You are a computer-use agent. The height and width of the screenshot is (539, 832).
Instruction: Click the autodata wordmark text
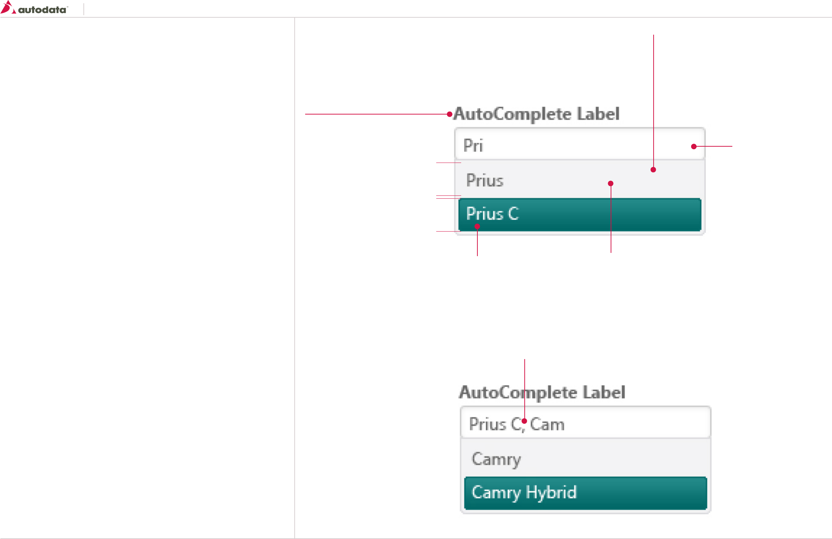(42, 10)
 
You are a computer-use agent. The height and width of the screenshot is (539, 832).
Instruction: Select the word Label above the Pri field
(598, 114)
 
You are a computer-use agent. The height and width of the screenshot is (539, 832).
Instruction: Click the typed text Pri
(473, 146)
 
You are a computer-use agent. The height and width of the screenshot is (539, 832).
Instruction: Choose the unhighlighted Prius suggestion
(485, 180)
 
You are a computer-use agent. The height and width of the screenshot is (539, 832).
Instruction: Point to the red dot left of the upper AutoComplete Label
(450, 114)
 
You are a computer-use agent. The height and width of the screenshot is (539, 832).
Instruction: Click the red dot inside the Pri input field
(694, 146)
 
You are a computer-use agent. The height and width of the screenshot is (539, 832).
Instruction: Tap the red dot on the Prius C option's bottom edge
(477, 227)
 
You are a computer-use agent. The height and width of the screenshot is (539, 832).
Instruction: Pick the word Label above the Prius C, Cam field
(604, 393)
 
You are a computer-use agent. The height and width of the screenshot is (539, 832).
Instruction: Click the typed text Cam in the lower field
(547, 424)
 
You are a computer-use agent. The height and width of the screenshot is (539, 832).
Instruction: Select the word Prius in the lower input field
(487, 424)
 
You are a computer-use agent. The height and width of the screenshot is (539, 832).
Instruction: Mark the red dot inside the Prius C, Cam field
(524, 421)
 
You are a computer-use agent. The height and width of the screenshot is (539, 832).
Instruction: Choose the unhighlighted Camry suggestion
(496, 459)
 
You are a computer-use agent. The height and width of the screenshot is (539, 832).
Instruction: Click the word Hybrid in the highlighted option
(551, 492)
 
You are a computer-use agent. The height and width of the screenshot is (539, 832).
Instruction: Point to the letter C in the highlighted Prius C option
(513, 214)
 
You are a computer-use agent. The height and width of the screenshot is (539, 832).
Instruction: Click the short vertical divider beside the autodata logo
(84, 9)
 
